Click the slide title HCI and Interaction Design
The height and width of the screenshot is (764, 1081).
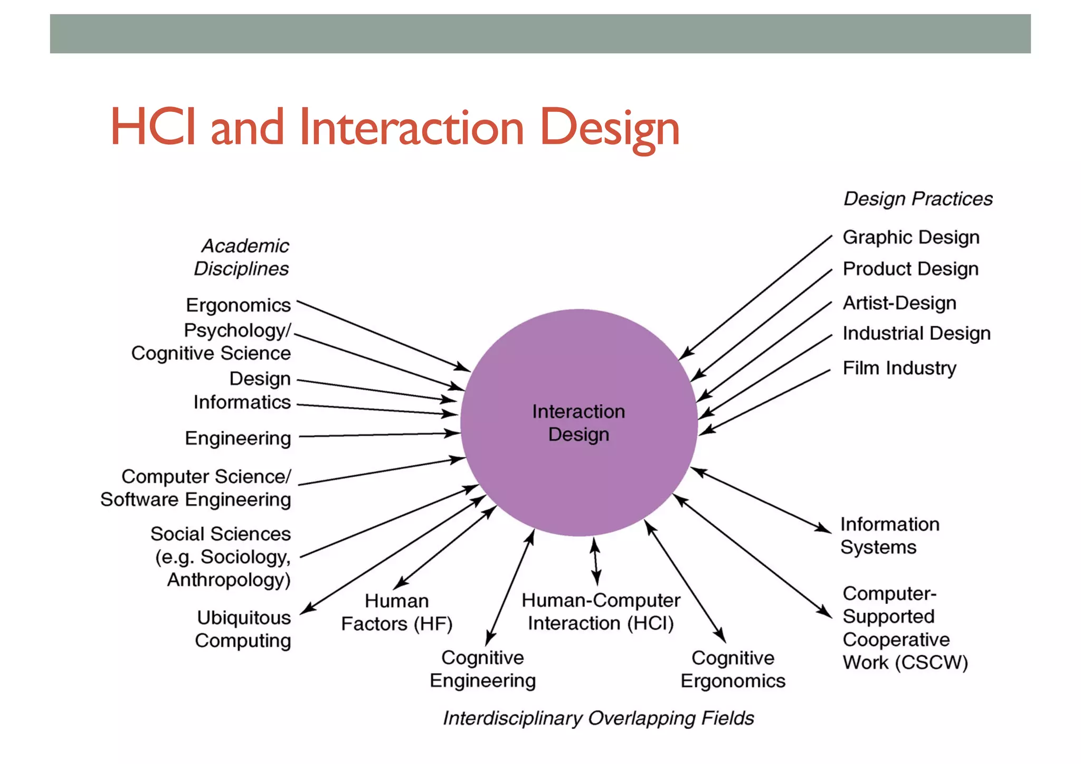pyautogui.click(x=394, y=127)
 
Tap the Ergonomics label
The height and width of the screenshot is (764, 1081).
pyautogui.click(x=238, y=305)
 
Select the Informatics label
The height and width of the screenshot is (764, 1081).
pyautogui.click(x=242, y=402)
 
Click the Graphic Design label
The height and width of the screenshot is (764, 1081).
pyautogui.click(x=911, y=237)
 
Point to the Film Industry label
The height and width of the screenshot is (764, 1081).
pyautogui.click(x=899, y=368)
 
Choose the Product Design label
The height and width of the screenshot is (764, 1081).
pyautogui.click(x=910, y=269)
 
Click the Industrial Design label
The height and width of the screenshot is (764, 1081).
pyautogui.click(x=916, y=333)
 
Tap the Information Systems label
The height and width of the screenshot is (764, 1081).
pyautogui.click(x=889, y=535)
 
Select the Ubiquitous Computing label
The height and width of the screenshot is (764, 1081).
pyautogui.click(x=243, y=629)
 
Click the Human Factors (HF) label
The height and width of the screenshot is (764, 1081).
pyautogui.click(x=396, y=612)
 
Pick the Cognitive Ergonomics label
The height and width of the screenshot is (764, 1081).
pyautogui.click(x=733, y=669)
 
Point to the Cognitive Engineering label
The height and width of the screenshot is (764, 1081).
pyautogui.click(x=482, y=669)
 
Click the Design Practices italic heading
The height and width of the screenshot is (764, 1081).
pyautogui.click(x=918, y=199)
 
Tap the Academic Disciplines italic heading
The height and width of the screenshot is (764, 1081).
pyautogui.click(x=242, y=257)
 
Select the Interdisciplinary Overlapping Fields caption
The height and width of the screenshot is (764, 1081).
pyautogui.click(x=598, y=718)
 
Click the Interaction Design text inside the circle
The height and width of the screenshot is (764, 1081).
pyautogui.click(x=579, y=423)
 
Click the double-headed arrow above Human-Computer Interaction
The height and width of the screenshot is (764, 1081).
pyautogui.click(x=595, y=562)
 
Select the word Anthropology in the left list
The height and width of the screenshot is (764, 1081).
pyautogui.click(x=229, y=580)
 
